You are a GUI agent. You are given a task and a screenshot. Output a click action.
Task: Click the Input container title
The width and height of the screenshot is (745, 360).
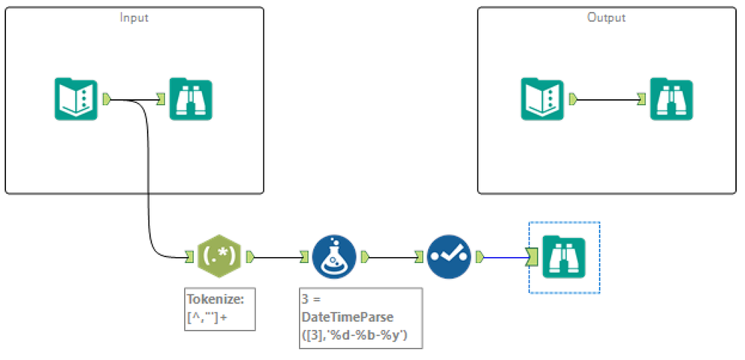coord(134,17)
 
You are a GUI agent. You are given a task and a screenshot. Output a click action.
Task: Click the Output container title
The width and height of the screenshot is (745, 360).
coord(606,17)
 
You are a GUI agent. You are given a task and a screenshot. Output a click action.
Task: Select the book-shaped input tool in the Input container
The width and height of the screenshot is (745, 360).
coord(76,98)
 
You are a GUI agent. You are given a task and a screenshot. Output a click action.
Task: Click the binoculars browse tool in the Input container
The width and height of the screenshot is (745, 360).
coord(191,98)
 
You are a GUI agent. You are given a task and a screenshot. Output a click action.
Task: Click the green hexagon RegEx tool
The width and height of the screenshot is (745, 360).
coord(219,257)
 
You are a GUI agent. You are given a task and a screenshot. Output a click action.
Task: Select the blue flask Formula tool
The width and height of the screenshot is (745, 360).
coord(334,257)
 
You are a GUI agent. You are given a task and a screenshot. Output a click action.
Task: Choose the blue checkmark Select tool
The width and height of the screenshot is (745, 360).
coord(449,257)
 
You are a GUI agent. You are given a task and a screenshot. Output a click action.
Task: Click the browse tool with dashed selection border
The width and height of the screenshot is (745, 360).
coord(564,257)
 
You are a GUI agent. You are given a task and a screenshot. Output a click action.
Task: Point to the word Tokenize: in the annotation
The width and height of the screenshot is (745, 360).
coord(216,300)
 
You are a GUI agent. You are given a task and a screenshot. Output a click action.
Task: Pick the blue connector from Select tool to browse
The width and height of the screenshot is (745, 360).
coord(506,258)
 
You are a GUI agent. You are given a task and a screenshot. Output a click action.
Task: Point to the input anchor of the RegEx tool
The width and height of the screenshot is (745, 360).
coord(189,258)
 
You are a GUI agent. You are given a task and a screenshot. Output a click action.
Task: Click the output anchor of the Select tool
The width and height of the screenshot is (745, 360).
coord(480,258)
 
